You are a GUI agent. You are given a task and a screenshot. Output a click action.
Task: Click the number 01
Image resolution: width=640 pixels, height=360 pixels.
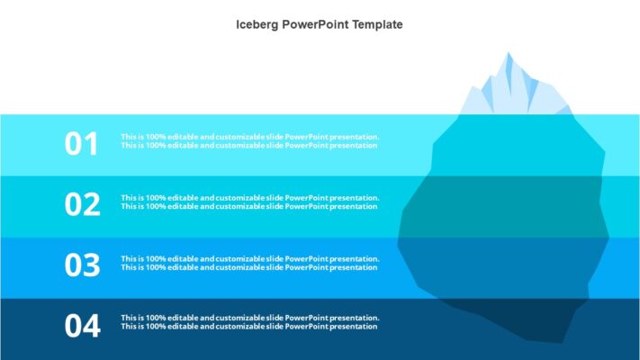[81, 143]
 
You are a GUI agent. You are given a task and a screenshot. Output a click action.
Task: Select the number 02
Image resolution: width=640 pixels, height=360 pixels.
[82, 204]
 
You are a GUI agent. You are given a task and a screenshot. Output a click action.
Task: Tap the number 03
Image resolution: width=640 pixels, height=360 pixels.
[82, 265]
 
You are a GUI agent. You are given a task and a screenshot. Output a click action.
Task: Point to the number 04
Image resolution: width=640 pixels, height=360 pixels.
[82, 326]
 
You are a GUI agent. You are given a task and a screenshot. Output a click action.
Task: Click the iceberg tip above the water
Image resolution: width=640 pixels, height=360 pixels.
[513, 90]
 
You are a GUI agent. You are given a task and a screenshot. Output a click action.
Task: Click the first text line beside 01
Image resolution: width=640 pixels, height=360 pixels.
[250, 137]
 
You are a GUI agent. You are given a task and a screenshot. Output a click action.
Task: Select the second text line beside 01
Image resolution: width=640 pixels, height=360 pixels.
[249, 146]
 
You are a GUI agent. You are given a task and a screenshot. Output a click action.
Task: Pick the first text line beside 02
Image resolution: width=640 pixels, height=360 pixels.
[250, 197]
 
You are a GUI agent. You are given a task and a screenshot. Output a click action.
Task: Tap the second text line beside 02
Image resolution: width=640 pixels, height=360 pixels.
[249, 206]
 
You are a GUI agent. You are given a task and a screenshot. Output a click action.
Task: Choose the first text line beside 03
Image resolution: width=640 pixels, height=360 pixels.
[250, 258]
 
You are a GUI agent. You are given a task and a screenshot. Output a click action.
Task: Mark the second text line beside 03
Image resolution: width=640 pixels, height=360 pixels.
[249, 267]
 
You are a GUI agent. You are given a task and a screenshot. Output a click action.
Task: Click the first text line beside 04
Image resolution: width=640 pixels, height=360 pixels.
[250, 318]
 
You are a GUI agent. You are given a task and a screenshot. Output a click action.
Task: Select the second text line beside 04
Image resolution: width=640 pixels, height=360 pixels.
[249, 327]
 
